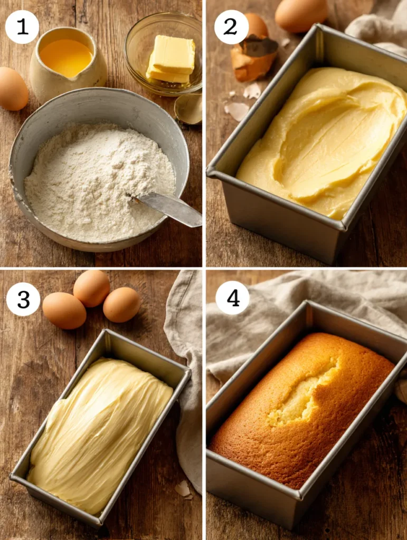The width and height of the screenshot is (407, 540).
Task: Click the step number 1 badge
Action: pyautogui.click(x=22, y=27)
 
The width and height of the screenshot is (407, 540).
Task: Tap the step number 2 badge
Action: pyautogui.click(x=231, y=27)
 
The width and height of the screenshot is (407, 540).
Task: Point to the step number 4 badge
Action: pyautogui.click(x=233, y=297)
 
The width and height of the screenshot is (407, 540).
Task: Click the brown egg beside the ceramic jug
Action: pyautogui.click(x=13, y=89)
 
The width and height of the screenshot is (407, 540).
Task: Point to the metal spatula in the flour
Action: pyautogui.click(x=166, y=208)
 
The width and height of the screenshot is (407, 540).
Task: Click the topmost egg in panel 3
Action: pyautogui.click(x=92, y=288)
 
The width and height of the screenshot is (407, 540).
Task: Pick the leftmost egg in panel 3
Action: pyautogui.click(x=64, y=310)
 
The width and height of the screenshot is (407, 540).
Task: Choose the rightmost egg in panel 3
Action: pyautogui.click(x=121, y=304)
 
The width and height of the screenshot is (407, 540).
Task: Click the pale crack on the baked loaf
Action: pyautogui.click(x=303, y=392)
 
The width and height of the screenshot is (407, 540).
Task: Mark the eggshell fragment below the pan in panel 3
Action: pyautogui.click(x=184, y=489)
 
